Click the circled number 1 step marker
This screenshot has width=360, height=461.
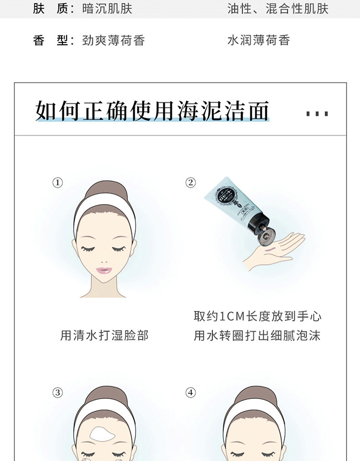[57, 183]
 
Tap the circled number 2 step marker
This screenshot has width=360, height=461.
[190, 183]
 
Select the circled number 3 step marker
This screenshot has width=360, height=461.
[57, 393]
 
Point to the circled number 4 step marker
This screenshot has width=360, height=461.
[190, 393]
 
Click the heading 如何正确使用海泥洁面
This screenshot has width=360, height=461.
[152, 111]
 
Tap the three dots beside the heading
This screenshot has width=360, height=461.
[317, 114]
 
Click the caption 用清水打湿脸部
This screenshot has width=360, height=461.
[104, 336]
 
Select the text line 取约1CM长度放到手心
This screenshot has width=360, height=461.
[257, 316]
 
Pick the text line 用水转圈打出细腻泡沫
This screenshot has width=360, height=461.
[257, 336]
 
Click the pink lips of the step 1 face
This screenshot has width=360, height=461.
[103, 270]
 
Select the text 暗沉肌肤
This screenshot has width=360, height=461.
[107, 9]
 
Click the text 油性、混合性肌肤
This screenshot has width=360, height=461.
[278, 9]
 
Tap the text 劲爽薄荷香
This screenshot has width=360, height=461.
[113, 40]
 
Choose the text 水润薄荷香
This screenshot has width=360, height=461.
[259, 40]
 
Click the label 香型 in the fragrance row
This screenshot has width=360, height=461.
[51, 40]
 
